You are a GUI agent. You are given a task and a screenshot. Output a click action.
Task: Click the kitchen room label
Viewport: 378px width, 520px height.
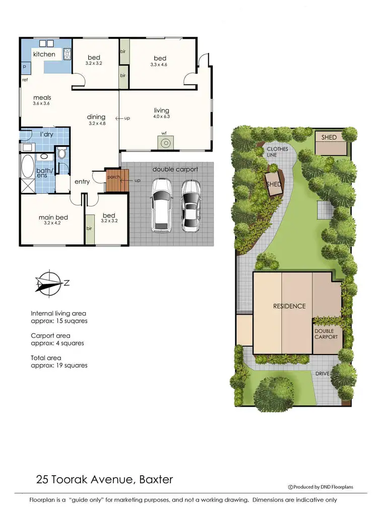click(x=44, y=54)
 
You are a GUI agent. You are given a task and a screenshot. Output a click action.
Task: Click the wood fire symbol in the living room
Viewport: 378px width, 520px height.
click(x=164, y=142)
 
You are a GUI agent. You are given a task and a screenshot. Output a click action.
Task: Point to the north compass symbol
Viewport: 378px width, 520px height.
click(x=48, y=282)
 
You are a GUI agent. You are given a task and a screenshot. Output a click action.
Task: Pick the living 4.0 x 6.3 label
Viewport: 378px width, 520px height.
click(x=161, y=113)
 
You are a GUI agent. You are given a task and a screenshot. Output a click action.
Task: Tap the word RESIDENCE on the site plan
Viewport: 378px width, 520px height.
click(x=289, y=306)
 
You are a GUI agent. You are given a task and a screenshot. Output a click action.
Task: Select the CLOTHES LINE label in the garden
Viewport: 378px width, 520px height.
click(x=277, y=153)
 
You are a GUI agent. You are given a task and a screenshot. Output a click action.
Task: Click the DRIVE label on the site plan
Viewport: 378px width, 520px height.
click(x=323, y=374)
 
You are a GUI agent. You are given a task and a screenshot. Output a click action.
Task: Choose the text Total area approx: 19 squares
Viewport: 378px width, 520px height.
click(x=59, y=361)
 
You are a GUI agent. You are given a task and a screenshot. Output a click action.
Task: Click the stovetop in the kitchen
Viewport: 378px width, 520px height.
click(x=67, y=53)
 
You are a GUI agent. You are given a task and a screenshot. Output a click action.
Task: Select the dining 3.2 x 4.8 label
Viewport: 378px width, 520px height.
click(x=97, y=120)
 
